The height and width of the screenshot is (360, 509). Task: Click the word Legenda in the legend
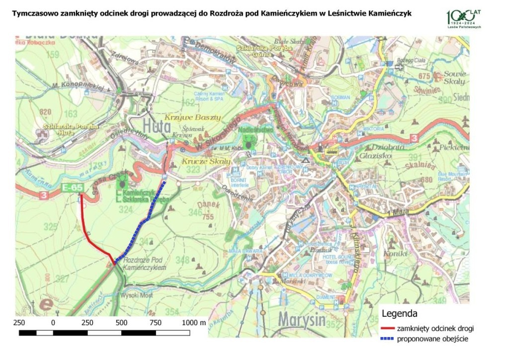click(x=399, y=314)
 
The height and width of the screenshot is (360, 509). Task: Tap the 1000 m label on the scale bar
click(x=194, y=322)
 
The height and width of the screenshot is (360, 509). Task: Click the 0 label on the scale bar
click(x=53, y=322)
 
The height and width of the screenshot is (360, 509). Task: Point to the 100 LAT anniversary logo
click(x=464, y=18)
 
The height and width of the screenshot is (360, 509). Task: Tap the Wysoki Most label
click(x=137, y=295)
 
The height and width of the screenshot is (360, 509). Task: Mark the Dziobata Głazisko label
click(x=383, y=151)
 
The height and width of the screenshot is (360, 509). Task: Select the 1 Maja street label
click(x=391, y=213)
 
